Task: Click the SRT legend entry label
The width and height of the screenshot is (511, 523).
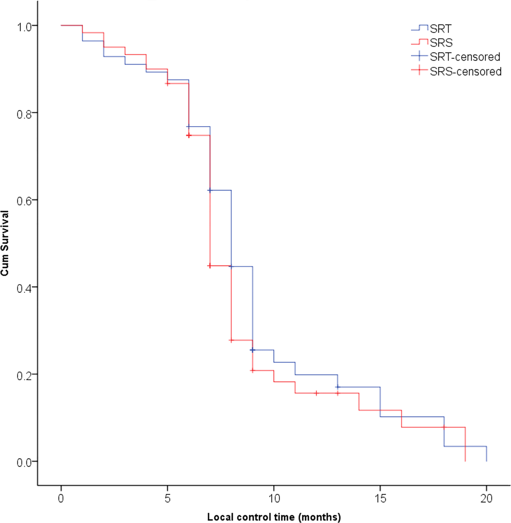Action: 440,29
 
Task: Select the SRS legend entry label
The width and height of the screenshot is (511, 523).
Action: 441,43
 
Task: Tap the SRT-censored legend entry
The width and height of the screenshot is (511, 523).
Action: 465,57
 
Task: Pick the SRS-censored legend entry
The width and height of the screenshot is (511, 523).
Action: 465,71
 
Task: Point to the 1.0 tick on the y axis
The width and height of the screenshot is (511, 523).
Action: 25,26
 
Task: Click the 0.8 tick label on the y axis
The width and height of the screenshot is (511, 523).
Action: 25,113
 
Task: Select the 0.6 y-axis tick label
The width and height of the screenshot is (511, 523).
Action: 25,200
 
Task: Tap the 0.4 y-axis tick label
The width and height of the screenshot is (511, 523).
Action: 25,287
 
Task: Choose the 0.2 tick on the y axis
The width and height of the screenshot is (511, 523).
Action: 25,374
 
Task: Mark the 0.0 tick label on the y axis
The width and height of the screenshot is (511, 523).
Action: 25,462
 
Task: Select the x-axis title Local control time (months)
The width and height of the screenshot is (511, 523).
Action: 274,517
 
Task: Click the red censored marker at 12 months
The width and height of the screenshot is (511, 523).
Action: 316,393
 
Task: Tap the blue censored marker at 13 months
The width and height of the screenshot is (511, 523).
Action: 337,387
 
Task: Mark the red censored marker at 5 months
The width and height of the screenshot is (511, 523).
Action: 167,84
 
